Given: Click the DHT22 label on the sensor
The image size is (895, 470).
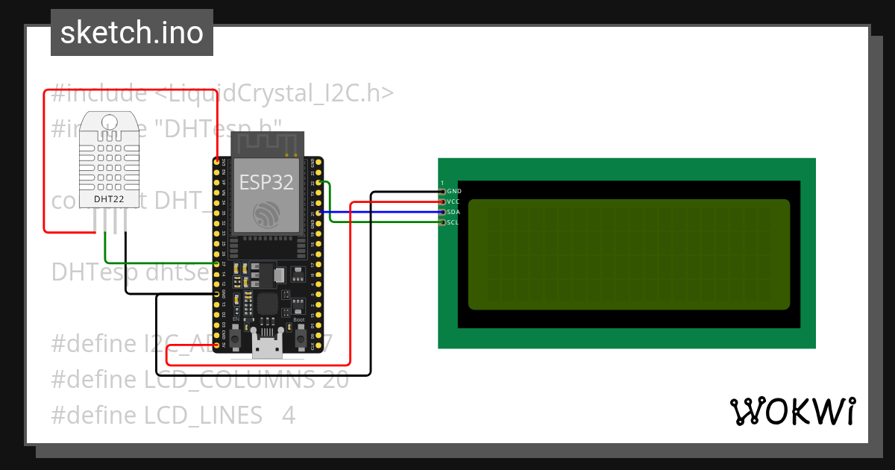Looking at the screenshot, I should pos(109,200).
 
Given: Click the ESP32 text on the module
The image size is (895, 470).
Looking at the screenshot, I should pos(266,181).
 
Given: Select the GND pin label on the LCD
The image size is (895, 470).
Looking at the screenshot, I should pos(454,192).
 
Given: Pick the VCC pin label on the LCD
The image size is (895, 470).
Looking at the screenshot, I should pos(453,202).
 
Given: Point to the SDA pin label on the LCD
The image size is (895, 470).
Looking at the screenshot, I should pos(453,213).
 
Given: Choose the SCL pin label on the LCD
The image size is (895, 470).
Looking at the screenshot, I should pos(453,222).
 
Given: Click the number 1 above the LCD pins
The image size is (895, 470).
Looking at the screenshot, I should pos(442,183).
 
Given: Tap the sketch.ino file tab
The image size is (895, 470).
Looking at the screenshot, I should pos(131,33).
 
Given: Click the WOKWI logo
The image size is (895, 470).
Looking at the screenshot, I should pos(792,411).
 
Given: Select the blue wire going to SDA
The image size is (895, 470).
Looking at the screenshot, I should pos(380,212).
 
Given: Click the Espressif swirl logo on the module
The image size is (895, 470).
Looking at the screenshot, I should pos(266,215).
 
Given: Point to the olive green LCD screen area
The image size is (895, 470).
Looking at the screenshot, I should pos(629,254).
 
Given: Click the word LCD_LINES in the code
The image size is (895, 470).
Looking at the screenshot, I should pos(203,416).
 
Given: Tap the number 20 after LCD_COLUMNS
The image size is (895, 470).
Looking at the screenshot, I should pos(335,380).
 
